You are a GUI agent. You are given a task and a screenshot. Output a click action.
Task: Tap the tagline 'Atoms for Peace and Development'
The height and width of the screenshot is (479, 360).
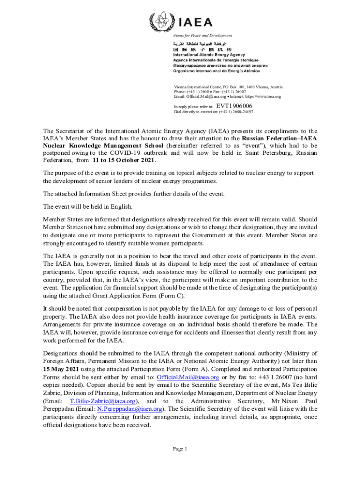point(202,36)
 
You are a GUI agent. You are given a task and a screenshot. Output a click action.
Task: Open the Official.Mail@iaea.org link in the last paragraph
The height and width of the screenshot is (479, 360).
point(188,377)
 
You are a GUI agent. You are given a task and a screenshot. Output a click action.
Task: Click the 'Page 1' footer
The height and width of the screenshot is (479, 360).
point(180,449)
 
